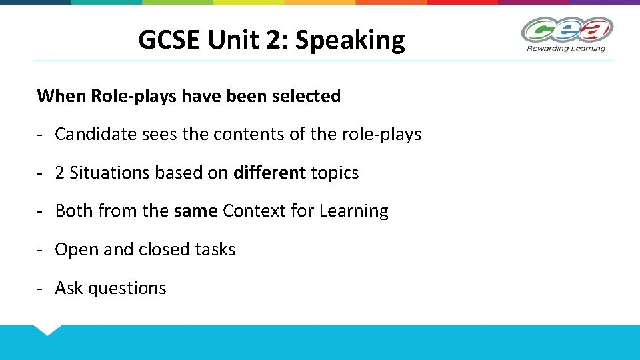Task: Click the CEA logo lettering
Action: (566, 30)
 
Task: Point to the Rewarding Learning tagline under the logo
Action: (566, 48)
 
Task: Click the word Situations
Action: (109, 173)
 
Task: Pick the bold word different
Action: (269, 173)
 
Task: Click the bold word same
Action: (195, 211)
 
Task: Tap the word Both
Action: (74, 211)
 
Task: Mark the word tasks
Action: (215, 249)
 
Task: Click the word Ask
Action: (69, 288)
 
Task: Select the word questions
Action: (127, 289)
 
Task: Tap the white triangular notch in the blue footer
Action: (47, 329)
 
